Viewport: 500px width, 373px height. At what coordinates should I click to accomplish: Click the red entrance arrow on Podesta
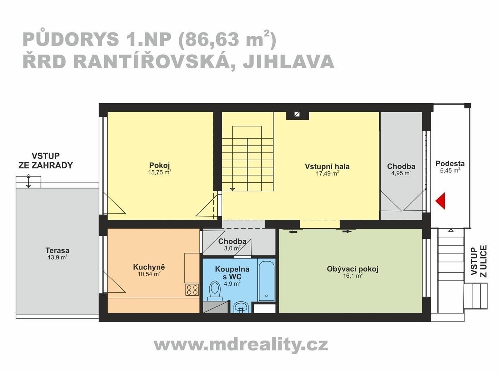[x=441, y=201]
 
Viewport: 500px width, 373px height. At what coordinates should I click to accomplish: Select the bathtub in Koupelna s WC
[x=266, y=280]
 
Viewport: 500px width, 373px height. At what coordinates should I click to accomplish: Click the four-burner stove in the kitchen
[x=192, y=289]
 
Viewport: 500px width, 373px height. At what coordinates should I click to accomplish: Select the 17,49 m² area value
[x=327, y=174]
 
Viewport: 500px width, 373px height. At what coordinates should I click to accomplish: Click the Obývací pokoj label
[x=352, y=269]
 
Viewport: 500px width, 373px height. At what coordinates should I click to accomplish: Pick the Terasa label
[x=57, y=250]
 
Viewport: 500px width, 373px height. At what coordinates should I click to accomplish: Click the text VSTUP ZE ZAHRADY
[x=46, y=161]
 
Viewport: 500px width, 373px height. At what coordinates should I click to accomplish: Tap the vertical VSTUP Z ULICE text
[x=479, y=261]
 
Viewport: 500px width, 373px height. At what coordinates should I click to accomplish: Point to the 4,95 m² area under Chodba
[x=401, y=173]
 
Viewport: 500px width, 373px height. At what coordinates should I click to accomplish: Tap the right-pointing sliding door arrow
[x=347, y=231]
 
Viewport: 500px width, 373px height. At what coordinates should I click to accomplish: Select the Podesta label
[x=450, y=163]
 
